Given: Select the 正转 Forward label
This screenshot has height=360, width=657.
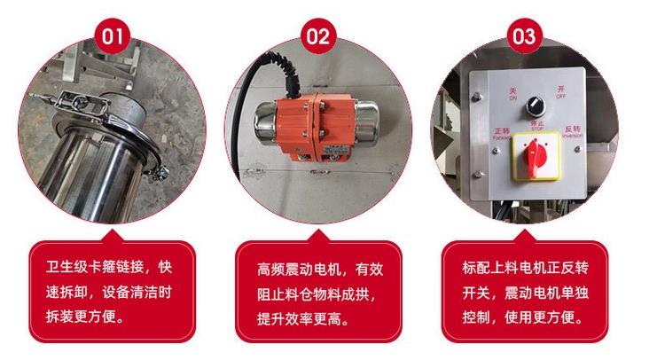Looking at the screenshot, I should [501, 135].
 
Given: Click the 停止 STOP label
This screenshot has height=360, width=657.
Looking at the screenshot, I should [536, 125].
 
